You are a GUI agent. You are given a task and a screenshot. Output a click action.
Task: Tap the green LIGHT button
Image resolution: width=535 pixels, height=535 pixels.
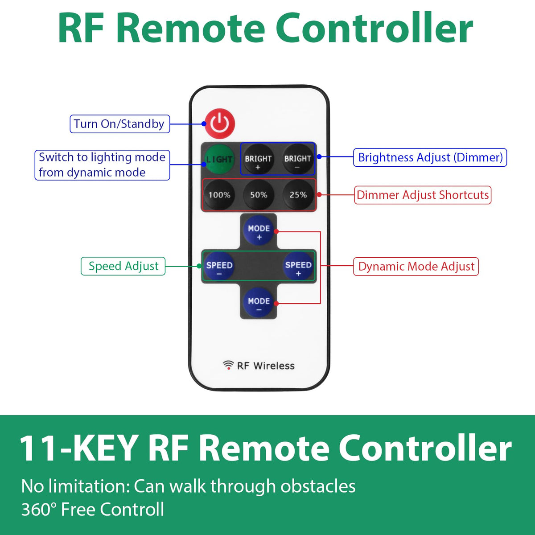pos(219,159)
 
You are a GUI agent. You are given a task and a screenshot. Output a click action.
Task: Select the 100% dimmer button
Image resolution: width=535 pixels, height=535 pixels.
pos(219,195)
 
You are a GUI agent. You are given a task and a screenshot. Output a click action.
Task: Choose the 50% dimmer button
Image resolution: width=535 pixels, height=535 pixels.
pos(259,195)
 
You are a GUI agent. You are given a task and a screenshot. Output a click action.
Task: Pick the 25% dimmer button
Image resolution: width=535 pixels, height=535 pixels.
pos(298,195)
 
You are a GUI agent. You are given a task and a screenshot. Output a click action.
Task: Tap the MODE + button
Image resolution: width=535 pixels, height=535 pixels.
pos(259,231)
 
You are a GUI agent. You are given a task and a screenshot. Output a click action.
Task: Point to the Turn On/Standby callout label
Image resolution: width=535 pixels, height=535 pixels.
pos(119,124)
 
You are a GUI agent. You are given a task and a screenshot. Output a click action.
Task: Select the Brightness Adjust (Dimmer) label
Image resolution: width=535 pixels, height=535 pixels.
pos(430,157)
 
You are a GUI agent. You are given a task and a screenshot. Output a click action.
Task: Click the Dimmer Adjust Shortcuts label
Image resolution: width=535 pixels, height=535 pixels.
pos(423,195)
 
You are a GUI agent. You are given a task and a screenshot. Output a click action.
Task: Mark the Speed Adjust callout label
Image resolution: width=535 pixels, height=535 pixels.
pos(123,266)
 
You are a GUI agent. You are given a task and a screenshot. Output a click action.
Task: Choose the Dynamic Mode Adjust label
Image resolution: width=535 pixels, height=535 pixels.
pos(416,267)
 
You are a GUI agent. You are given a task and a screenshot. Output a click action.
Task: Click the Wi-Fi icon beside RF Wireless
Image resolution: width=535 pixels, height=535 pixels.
pos(228,365)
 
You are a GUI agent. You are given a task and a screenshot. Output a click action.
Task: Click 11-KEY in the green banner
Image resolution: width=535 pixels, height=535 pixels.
pos(78,448)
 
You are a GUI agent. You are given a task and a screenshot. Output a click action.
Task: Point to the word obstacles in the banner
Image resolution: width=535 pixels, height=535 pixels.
pos(318,486)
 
